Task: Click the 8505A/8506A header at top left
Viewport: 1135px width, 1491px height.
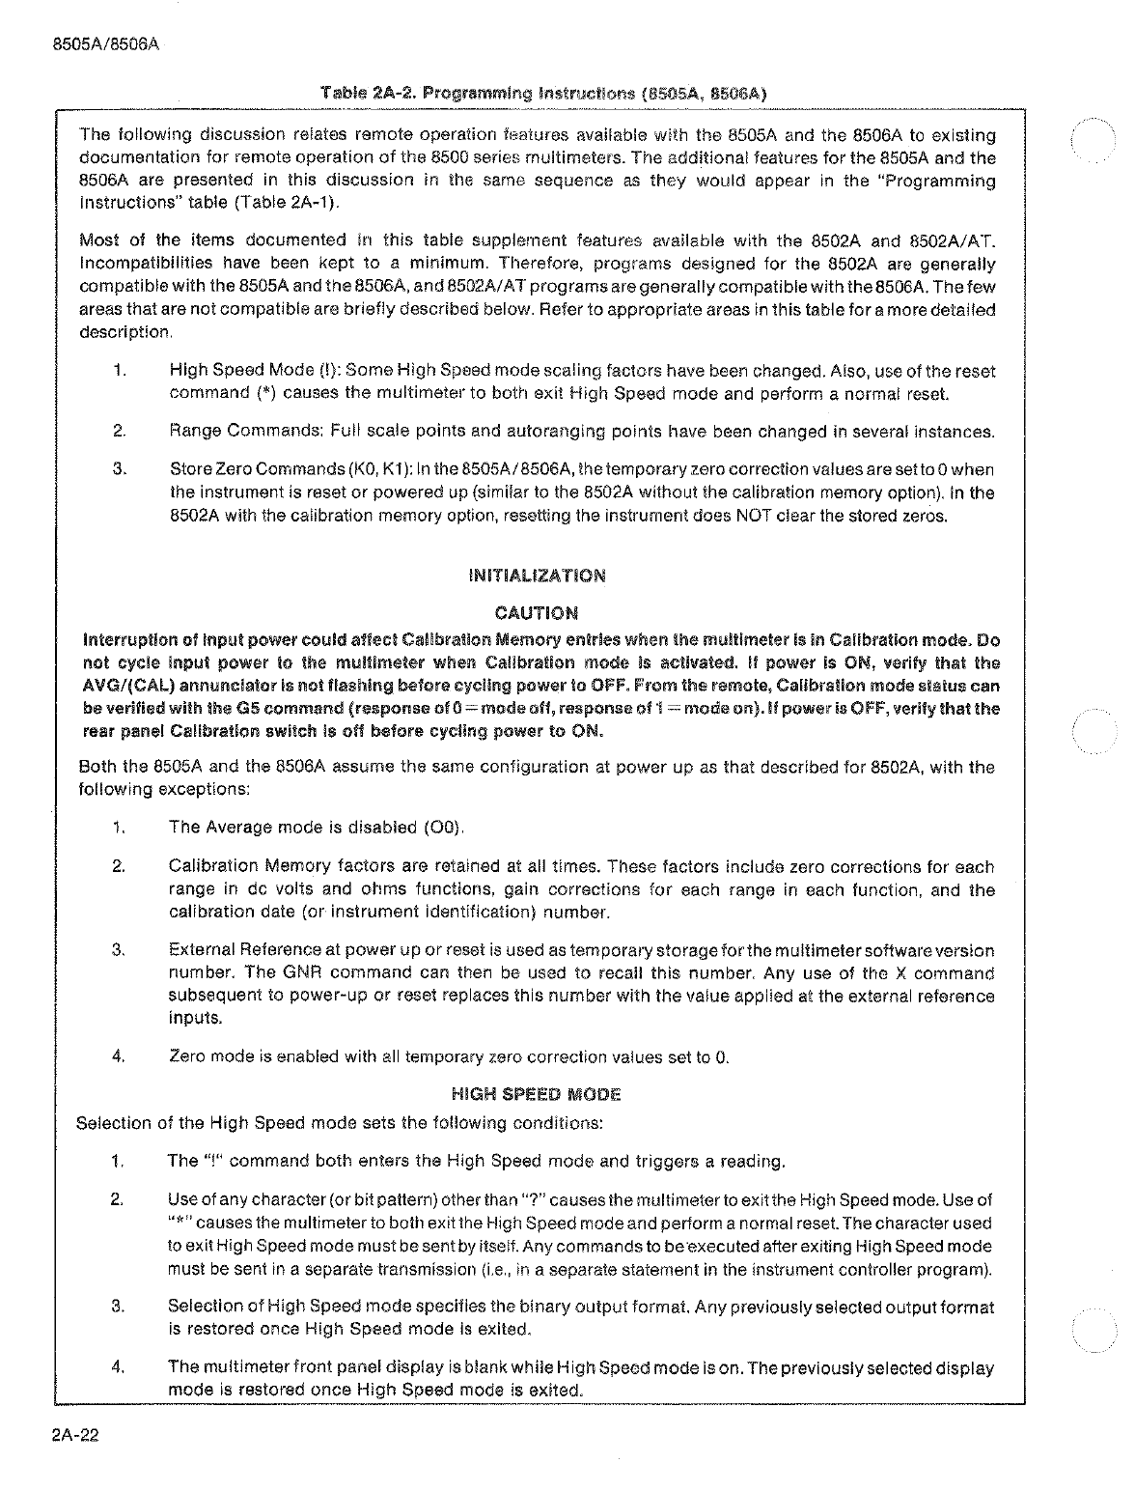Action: pyautogui.click(x=103, y=44)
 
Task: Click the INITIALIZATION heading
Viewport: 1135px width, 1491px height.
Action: pyautogui.click(x=537, y=577)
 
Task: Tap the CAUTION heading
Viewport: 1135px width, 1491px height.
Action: pyautogui.click(x=537, y=613)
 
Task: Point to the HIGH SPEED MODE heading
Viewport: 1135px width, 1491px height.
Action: pyautogui.click(x=536, y=1094)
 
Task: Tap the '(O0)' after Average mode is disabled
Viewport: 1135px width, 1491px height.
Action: pyautogui.click(x=443, y=828)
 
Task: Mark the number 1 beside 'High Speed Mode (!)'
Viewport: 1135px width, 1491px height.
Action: pyautogui.click(x=117, y=371)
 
